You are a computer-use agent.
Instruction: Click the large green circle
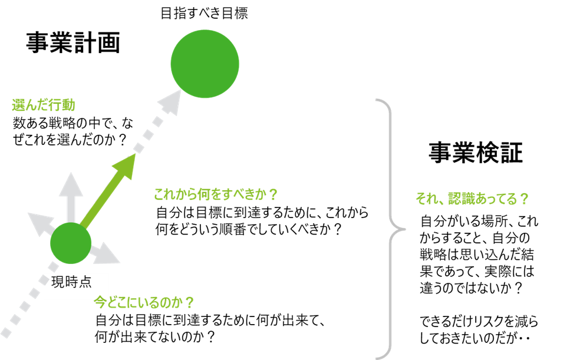pos(205,64)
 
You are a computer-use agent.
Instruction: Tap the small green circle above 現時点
pos(71,243)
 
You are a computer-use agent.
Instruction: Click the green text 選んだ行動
pos(44,106)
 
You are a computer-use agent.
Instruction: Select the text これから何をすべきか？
pos(215,195)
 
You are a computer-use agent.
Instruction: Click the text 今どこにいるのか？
pos(144,303)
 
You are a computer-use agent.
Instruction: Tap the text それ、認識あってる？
pos(472,199)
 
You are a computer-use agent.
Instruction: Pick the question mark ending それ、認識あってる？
pos(523,199)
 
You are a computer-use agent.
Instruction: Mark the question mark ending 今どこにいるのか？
pos(189,303)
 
